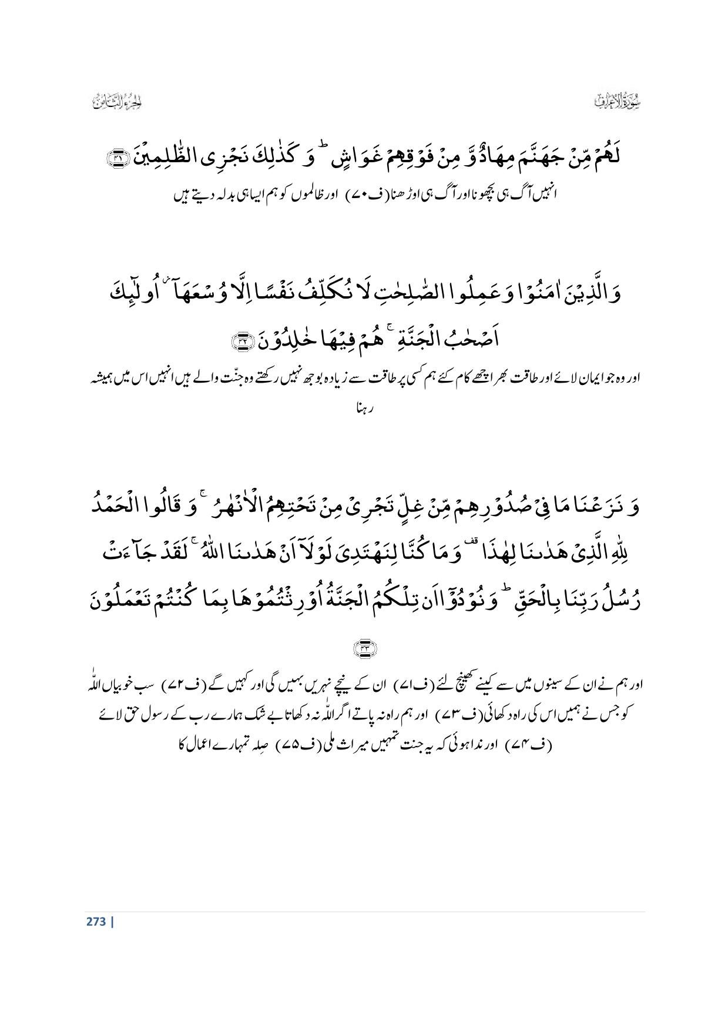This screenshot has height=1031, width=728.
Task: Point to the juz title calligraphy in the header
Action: [x=118, y=102]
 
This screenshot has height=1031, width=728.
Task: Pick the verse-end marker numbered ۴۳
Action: [x=364, y=648]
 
